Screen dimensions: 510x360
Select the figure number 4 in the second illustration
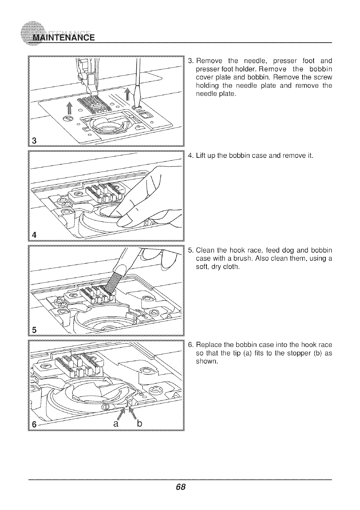pyautogui.click(x=35, y=234)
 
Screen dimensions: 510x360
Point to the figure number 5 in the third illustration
pyautogui.click(x=35, y=330)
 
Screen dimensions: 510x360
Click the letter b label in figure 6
pyautogui.click(x=138, y=422)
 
